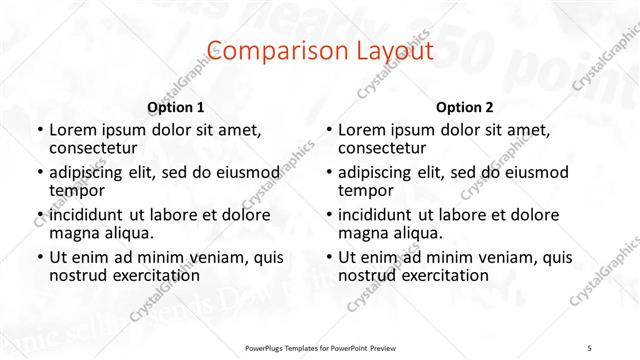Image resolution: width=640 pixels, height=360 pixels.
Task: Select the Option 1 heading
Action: [x=176, y=107]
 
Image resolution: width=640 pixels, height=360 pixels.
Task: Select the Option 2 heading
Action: [x=465, y=107]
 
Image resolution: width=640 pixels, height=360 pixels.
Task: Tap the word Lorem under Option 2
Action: [x=364, y=130]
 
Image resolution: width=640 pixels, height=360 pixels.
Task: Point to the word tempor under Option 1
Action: [x=74, y=189]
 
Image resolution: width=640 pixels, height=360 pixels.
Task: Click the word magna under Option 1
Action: [x=73, y=233]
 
